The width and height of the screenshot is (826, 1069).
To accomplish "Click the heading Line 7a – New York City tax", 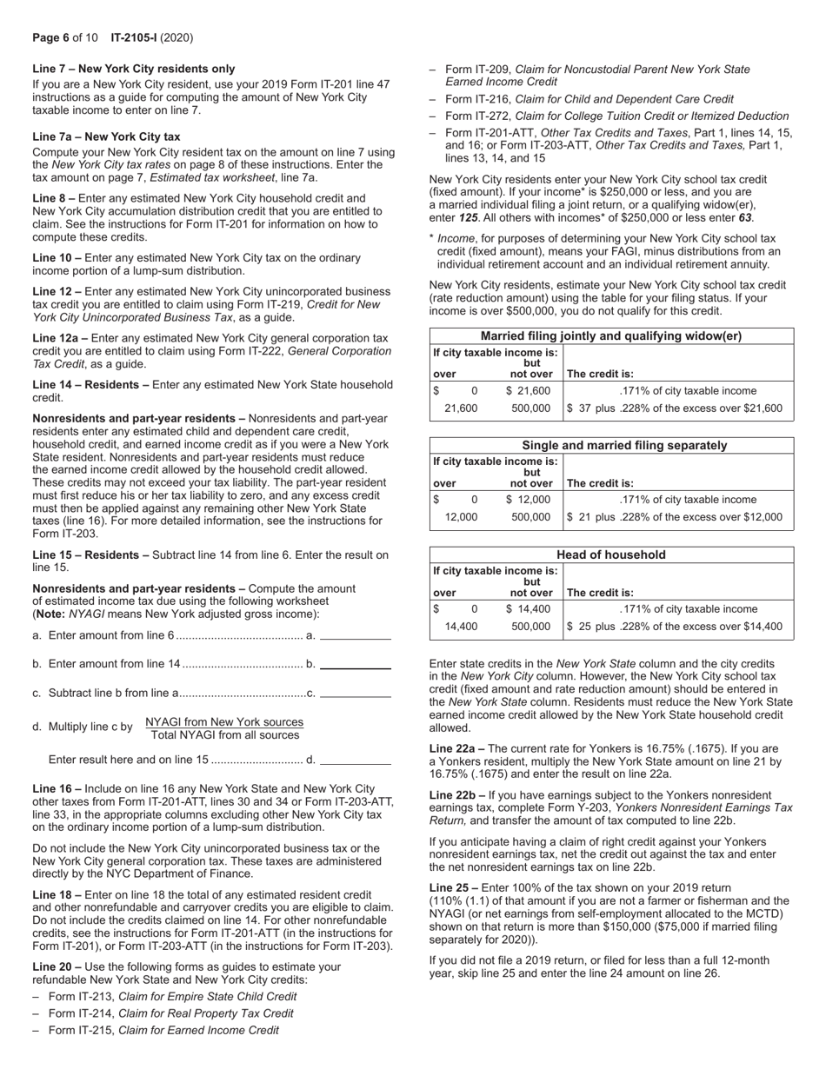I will pyautogui.click(x=106, y=136).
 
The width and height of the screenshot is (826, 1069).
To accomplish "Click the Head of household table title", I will pyautogui.click(x=611, y=555).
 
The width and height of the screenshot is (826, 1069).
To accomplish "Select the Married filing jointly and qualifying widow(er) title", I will pyautogui.click(x=611, y=336).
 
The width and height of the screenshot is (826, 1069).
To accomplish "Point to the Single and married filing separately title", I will pyautogui.click(x=611, y=446).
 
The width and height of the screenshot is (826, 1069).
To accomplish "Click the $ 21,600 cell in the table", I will pyautogui.click(x=528, y=391).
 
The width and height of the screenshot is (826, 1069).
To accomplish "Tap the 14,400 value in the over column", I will pyautogui.click(x=461, y=626).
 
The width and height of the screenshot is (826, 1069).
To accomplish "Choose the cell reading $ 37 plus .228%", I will pyautogui.click(x=674, y=408).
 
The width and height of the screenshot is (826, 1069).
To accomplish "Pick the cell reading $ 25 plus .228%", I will pyautogui.click(x=674, y=626).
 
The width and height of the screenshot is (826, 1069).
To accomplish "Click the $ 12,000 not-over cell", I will pyautogui.click(x=528, y=500).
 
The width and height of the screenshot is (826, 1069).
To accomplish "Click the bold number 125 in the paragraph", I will pyautogui.click(x=470, y=218).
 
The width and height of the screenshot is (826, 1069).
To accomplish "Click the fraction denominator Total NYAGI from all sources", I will pyautogui.click(x=225, y=735).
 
